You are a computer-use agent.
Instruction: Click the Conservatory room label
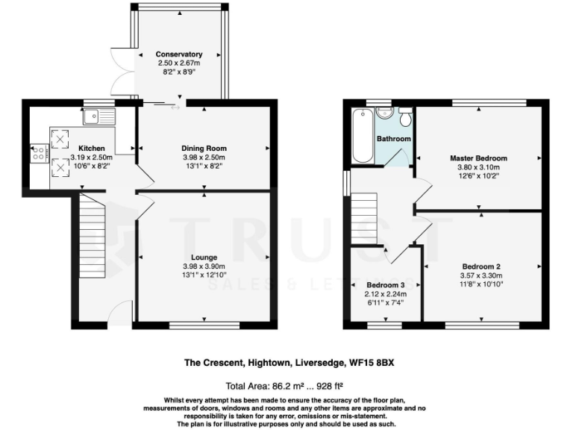(179, 54)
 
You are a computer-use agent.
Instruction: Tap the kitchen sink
(98, 116)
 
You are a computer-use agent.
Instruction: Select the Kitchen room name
(92, 149)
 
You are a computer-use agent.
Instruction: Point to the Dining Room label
(204, 148)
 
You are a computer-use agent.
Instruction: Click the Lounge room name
(204, 258)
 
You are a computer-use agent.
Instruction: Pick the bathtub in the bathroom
(363, 135)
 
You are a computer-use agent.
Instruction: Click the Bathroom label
(393, 139)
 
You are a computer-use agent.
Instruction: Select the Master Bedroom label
(478, 158)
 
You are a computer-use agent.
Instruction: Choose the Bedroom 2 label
(481, 267)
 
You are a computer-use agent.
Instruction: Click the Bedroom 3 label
(386, 285)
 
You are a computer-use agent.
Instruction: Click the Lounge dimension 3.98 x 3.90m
(204, 267)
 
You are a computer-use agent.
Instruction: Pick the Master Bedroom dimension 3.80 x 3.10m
(478, 168)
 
